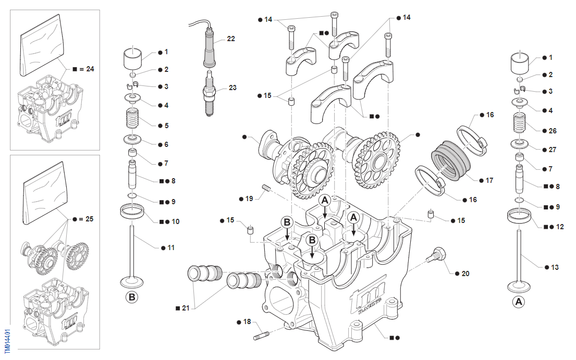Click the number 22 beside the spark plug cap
click(x=231, y=39)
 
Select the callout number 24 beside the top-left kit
click(x=90, y=69)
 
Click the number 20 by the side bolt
click(x=465, y=273)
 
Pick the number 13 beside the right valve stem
click(x=554, y=267)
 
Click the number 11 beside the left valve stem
click(x=171, y=247)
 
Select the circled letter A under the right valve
click(x=518, y=302)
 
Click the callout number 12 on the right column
click(x=560, y=227)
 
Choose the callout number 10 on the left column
click(x=175, y=221)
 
